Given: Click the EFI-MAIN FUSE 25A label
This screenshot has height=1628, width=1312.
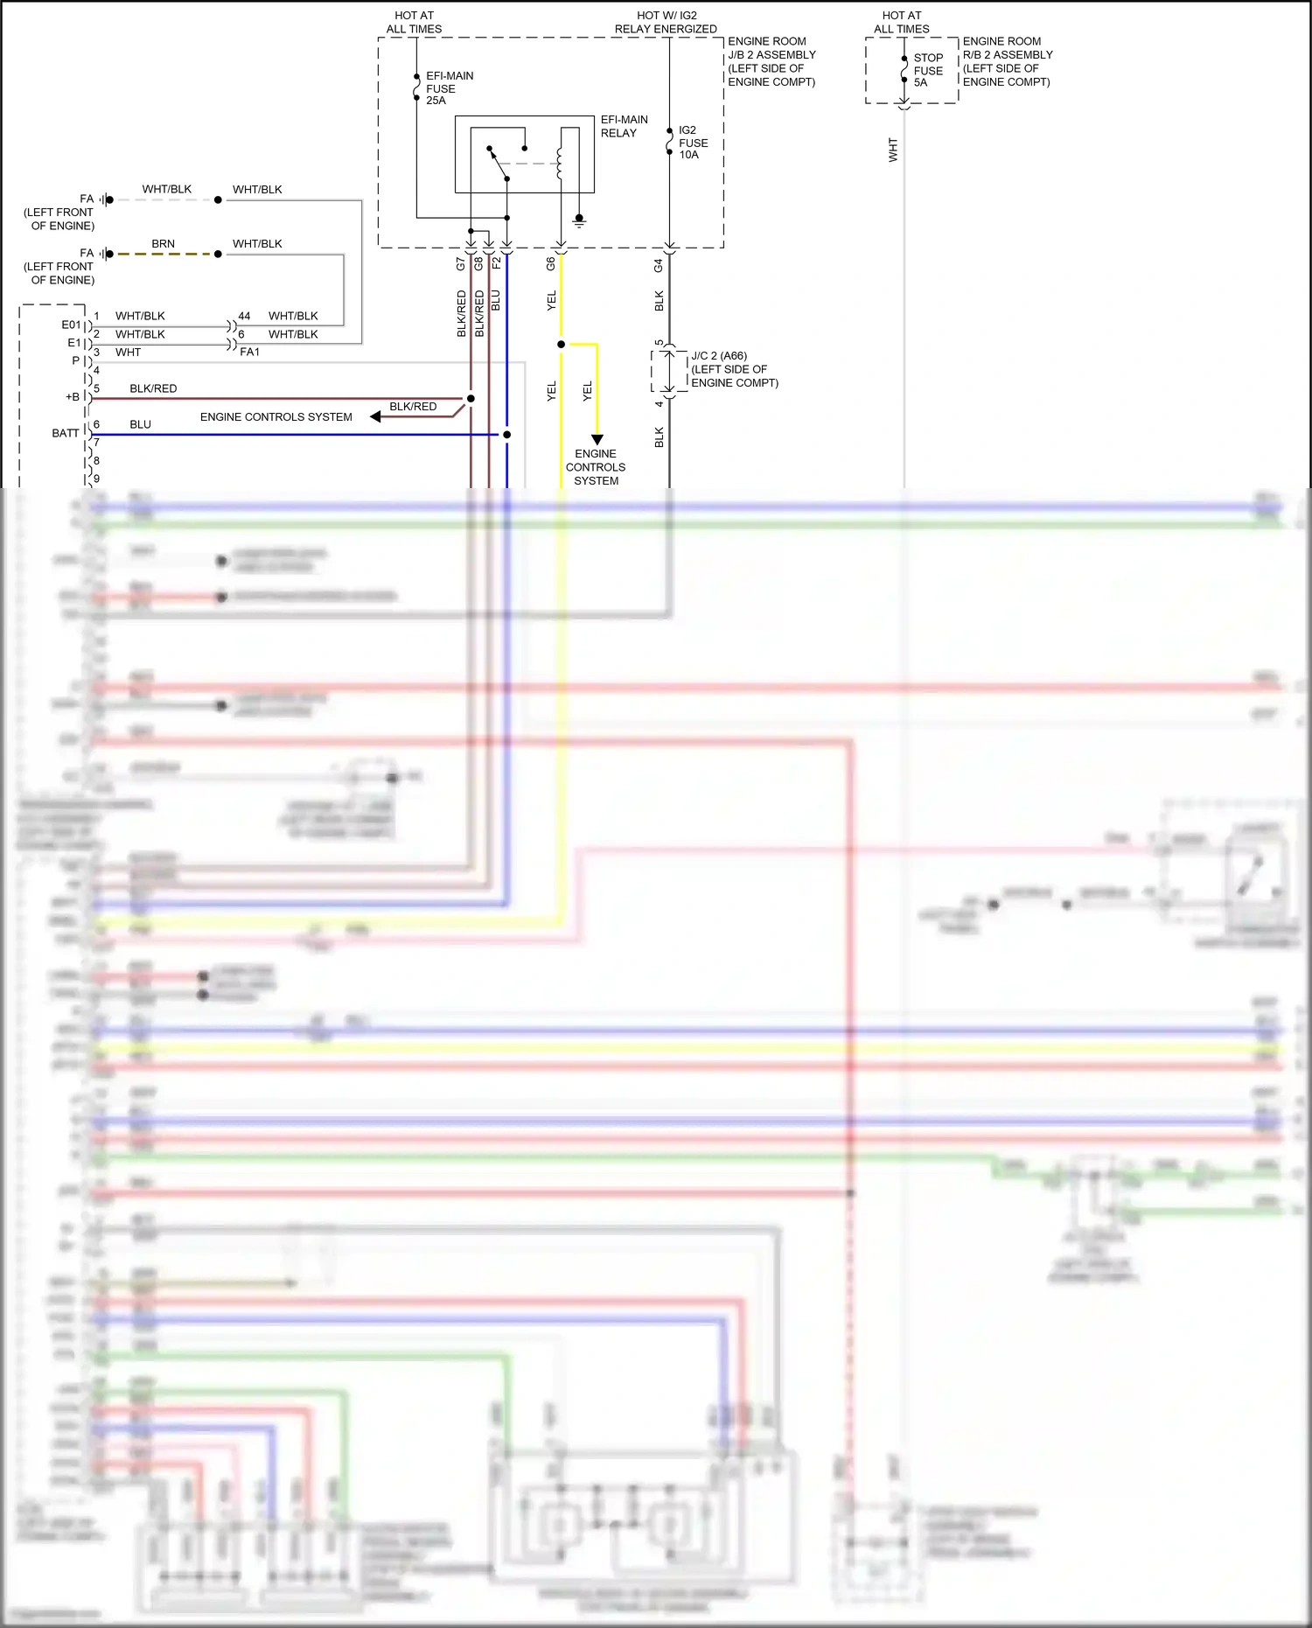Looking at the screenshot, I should tap(449, 88).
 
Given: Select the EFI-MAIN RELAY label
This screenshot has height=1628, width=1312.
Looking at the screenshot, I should tap(624, 126).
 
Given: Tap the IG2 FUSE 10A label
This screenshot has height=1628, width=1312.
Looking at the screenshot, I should tap(693, 143).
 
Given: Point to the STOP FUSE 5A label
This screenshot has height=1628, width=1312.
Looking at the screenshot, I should tap(928, 70).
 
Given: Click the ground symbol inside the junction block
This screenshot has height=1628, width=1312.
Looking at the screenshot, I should tap(578, 221).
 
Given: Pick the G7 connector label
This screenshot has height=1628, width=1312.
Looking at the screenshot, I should tap(461, 262).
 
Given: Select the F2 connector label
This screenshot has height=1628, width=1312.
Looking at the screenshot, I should tap(496, 262).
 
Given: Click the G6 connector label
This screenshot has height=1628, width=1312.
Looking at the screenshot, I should tap(551, 262).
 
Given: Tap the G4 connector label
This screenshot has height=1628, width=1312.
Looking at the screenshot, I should tap(659, 263).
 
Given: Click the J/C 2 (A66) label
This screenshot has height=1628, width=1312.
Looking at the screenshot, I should tap(719, 356).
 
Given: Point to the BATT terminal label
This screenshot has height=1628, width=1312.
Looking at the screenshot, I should tap(65, 433).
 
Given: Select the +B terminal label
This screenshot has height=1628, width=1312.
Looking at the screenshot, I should tap(72, 397).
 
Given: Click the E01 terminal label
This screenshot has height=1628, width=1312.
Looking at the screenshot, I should tap(71, 325).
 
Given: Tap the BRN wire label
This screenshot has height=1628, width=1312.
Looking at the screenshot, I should tap(163, 244).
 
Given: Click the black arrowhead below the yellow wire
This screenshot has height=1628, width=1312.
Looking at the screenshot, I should tap(597, 439).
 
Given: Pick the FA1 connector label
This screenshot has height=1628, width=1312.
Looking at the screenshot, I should tap(249, 352).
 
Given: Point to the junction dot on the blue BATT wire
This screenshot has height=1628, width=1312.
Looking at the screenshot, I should tap(506, 434).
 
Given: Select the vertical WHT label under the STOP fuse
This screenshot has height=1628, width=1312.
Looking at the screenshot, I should tap(893, 150).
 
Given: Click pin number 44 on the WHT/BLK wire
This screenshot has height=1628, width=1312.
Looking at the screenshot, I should tap(244, 316).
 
